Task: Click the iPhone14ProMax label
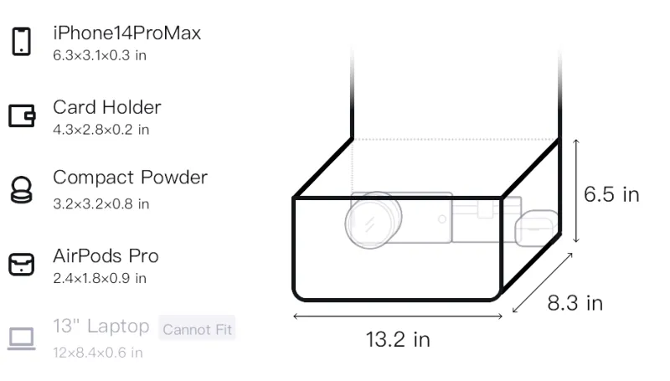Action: [x=127, y=33]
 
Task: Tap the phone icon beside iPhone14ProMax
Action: [x=22, y=41]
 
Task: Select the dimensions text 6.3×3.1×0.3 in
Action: [x=100, y=55]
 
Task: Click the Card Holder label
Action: [x=107, y=107]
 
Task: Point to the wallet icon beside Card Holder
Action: [x=22, y=116]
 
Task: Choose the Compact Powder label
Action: [x=131, y=178]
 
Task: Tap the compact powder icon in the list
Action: [x=21, y=189]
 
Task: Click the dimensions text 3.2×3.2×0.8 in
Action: [x=100, y=203]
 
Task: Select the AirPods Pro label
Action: [x=106, y=256]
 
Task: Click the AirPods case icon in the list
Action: [x=22, y=265]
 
